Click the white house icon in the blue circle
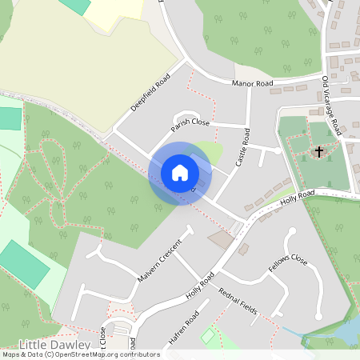(180, 172)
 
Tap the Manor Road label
(252, 83)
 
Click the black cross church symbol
(319, 150)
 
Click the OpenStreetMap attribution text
(80, 354)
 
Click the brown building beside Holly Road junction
(220, 238)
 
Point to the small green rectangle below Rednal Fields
(208, 336)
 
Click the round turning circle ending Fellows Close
(291, 233)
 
